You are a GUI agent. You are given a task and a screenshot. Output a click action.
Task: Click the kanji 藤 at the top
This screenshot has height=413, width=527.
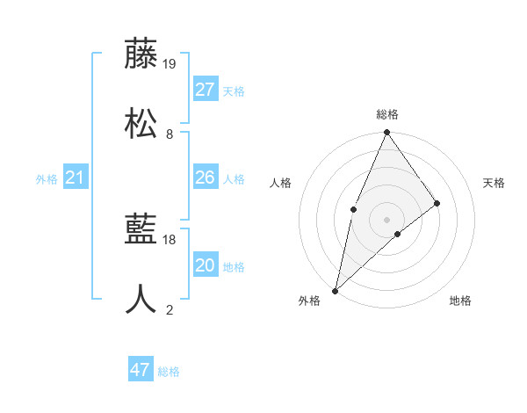[x=141, y=54]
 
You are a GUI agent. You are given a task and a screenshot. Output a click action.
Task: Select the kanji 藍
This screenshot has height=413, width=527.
[x=141, y=230]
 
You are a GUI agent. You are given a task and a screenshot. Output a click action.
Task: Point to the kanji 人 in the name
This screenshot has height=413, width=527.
[x=141, y=300]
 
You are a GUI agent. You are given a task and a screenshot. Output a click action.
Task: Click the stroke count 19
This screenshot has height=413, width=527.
[x=170, y=63]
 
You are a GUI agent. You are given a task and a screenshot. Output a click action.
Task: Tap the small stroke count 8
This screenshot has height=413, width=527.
[x=170, y=134]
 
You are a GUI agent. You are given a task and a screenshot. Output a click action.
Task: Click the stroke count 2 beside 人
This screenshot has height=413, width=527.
[x=170, y=309]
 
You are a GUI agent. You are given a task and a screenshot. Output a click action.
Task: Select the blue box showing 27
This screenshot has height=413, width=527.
[x=206, y=90]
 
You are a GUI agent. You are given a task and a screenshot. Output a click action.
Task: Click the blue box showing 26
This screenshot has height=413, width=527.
[x=206, y=178]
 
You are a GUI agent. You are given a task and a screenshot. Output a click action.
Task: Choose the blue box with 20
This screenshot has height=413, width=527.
[x=206, y=265]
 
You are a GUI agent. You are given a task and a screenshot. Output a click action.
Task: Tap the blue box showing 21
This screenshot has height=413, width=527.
[x=76, y=178]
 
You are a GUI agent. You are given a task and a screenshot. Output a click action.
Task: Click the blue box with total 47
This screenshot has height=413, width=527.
[x=141, y=370]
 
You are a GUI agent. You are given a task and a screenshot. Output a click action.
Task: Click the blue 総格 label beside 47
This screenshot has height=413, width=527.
[x=169, y=372]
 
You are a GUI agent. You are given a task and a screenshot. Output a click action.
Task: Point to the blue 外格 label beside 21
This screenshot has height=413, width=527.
[x=47, y=179]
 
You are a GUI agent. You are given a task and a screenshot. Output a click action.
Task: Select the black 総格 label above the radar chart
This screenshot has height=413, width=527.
[x=387, y=114]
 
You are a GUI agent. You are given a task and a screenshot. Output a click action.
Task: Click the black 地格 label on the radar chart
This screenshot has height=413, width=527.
[x=460, y=301]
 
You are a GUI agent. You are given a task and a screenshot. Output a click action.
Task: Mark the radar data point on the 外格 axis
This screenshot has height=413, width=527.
[x=335, y=291]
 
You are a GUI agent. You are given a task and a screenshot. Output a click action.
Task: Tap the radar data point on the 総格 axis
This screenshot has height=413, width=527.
[x=387, y=133]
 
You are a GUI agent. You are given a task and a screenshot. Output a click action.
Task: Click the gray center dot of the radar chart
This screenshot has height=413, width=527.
[x=387, y=219]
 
